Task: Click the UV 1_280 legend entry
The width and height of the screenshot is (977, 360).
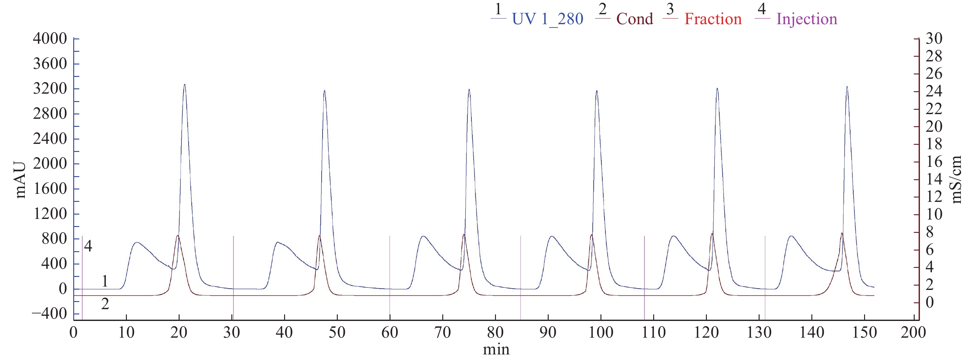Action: pos(547,19)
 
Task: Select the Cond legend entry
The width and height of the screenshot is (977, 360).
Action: pos(635,19)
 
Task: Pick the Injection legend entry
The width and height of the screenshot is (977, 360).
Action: pos(807,19)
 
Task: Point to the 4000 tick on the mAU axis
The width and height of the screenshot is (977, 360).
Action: pos(50,39)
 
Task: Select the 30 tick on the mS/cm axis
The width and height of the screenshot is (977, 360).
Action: pos(934,39)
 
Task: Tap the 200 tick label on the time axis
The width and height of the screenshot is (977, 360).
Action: pos(913,333)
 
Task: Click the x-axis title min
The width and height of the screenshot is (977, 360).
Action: pos(496,349)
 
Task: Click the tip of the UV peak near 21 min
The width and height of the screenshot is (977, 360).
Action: pos(185,85)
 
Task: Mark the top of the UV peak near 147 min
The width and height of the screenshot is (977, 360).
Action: pos(847,87)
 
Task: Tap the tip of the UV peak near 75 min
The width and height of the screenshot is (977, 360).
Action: pos(469,90)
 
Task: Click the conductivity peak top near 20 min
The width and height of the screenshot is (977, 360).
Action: pos(178,236)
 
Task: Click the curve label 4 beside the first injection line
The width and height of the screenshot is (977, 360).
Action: pos(88,247)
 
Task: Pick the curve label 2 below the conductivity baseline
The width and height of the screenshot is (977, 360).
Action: pos(105,304)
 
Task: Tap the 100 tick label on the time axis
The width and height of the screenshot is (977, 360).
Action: pos(601,333)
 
